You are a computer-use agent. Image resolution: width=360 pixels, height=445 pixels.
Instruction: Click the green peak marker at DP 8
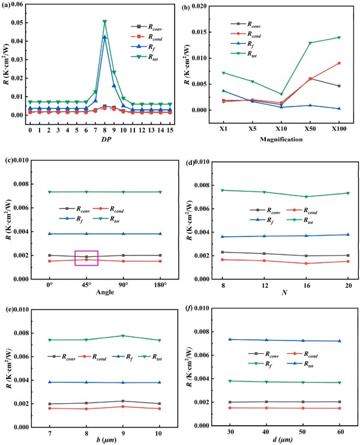click(x=104, y=22)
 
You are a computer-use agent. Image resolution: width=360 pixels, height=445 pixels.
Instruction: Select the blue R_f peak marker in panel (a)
click(x=104, y=37)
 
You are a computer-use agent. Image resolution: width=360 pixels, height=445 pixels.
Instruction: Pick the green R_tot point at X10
click(x=281, y=94)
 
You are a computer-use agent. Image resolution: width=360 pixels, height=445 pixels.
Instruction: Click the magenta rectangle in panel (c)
click(x=86, y=257)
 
